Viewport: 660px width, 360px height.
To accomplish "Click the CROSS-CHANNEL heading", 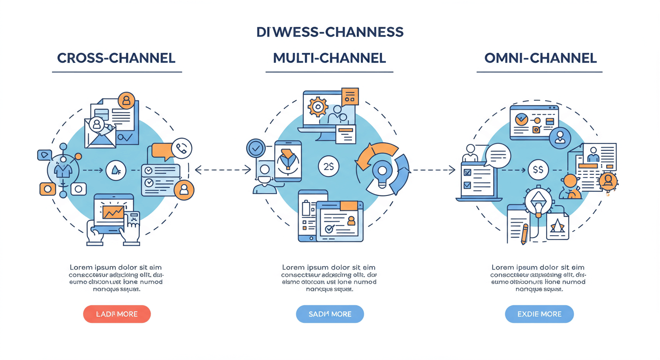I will [116, 58].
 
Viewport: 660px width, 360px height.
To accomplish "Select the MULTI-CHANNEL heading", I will [330, 58].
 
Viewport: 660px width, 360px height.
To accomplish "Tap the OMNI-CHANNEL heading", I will [540, 58].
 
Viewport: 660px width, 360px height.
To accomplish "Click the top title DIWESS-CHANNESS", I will [330, 32].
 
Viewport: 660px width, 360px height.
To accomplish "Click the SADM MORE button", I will [330, 314].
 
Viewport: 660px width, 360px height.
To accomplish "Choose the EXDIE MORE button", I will [539, 314].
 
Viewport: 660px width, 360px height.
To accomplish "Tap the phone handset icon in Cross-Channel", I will [181, 148].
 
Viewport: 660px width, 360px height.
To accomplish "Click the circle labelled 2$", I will [329, 166].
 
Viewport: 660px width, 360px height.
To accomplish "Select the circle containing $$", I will [538, 170].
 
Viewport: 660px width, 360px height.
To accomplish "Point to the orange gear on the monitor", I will [318, 107].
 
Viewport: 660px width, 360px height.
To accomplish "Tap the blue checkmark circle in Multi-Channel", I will [256, 149].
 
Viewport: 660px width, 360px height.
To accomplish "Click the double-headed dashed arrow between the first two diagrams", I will [223, 170].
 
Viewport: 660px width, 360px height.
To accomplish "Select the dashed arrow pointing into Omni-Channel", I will [434, 170].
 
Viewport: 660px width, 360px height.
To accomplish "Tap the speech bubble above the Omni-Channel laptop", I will [498, 155].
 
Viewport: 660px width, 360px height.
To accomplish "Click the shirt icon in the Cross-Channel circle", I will [62, 170].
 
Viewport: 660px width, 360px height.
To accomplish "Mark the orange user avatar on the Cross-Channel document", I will [126, 100].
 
